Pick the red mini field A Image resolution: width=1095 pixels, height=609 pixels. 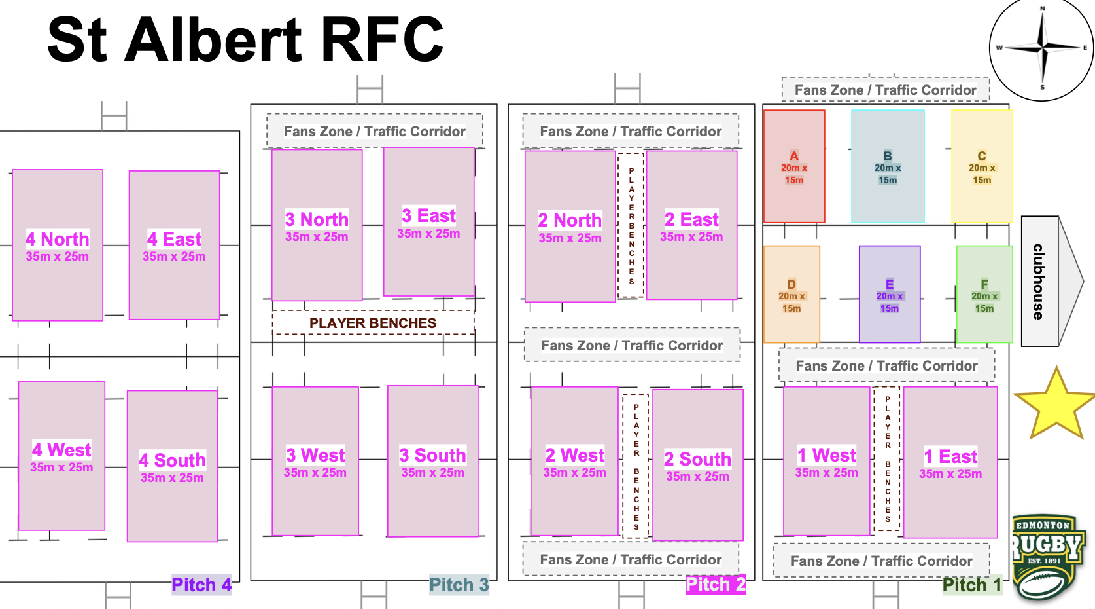(794, 166)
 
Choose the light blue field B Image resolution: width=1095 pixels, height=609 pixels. (888, 166)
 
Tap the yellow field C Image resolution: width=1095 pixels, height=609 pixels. (982, 166)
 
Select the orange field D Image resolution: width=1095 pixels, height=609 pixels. (791, 295)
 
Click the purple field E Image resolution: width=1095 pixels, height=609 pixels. (890, 295)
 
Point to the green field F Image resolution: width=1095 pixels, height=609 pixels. (984, 295)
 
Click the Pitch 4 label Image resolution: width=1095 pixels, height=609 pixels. (201, 585)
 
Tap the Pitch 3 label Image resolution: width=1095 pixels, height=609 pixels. (459, 585)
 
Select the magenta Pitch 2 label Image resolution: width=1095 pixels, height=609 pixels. (716, 584)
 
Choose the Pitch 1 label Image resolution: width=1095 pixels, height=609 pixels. (972, 585)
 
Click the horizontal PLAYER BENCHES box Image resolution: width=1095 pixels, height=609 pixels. (373, 323)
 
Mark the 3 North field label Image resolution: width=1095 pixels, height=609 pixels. (317, 219)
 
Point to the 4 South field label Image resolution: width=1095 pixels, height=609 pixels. (172, 460)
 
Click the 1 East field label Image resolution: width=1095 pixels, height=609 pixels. (950, 456)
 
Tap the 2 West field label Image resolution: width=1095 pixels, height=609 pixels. (575, 455)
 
